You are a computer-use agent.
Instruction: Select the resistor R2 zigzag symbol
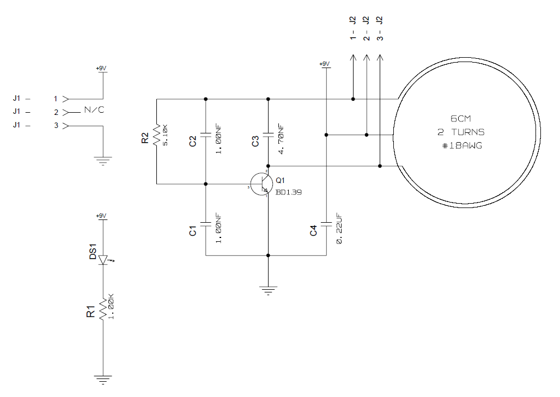coord(156,135)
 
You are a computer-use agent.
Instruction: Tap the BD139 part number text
coord(289,192)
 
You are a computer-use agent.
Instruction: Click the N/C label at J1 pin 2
coord(94,110)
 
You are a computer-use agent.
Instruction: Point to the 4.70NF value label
coord(281,139)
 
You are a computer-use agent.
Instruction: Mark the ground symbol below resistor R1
coord(102,379)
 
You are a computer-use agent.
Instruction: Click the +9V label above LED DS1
coord(101,216)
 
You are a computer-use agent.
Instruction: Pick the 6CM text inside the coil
coord(460,119)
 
